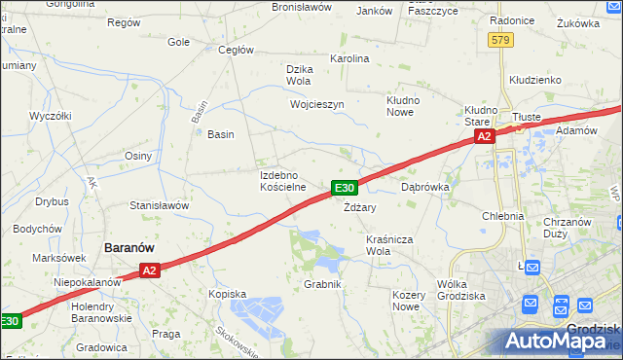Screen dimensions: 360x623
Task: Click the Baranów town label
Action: coord(128,248)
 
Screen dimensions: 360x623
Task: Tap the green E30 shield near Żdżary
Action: coord(345,188)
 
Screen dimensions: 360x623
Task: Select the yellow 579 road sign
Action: coord(500,40)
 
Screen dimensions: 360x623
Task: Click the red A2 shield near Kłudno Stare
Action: coord(485,138)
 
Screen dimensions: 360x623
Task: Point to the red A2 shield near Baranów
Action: coord(148,271)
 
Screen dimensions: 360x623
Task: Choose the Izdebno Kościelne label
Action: coord(283,181)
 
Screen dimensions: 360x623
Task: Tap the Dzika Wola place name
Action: coord(299,75)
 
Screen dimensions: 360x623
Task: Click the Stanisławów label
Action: coord(159,206)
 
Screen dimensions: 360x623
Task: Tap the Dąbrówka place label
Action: coord(424,186)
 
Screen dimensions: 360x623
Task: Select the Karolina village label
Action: coord(350,58)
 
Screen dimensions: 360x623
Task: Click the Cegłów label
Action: coord(237,50)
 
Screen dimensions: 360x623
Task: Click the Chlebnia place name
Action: coord(502,216)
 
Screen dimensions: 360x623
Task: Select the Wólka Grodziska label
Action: coord(461,289)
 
